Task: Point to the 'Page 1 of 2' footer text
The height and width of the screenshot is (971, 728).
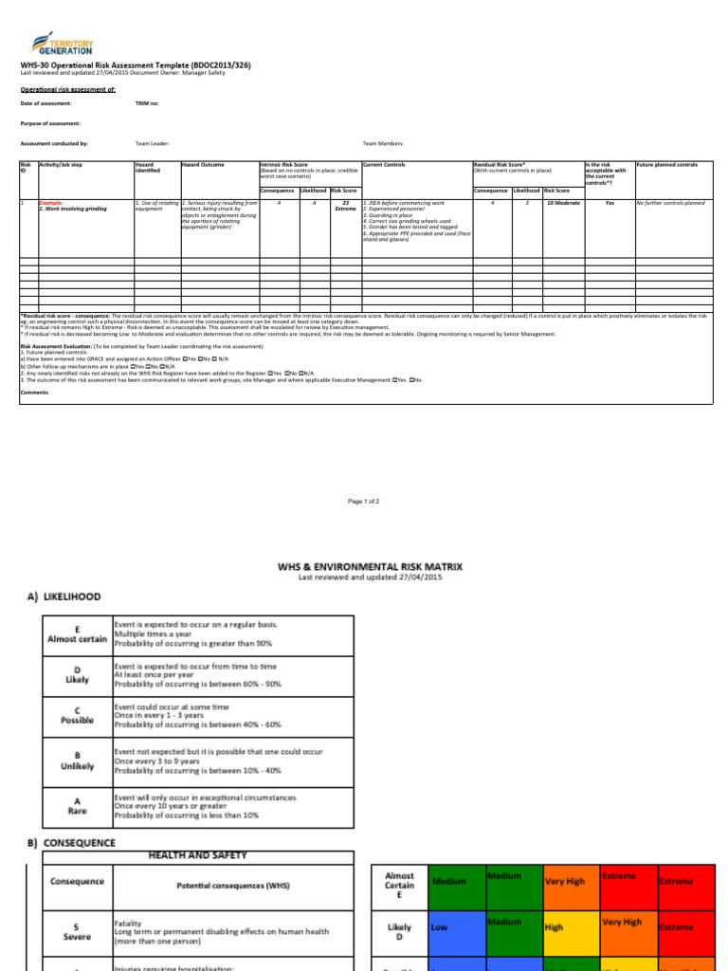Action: (x=363, y=501)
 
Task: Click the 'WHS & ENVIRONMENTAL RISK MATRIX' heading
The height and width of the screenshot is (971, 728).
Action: (x=370, y=566)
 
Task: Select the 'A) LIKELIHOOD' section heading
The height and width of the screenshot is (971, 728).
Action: (x=63, y=596)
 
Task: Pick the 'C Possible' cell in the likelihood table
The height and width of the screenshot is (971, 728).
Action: (x=75, y=713)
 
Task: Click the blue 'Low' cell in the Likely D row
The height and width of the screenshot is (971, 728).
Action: (x=455, y=926)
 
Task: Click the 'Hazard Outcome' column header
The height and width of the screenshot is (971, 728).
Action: (x=203, y=165)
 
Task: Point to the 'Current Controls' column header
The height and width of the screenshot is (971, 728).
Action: (x=385, y=165)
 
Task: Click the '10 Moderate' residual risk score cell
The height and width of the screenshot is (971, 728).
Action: (x=563, y=203)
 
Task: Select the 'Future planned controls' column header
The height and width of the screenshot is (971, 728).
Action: (x=666, y=165)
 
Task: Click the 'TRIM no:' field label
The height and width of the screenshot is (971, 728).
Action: (x=147, y=102)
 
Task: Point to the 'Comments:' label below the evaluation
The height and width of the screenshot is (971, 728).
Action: (x=34, y=391)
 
